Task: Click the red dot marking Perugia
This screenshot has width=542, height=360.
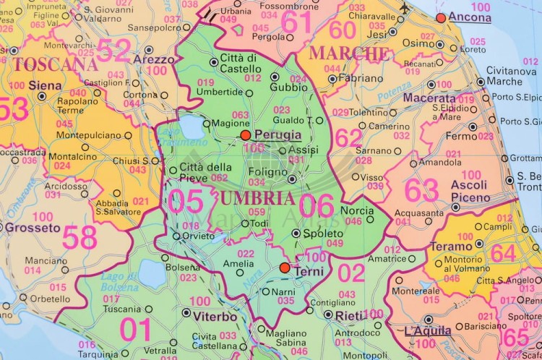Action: pyautogui.click(x=246, y=135)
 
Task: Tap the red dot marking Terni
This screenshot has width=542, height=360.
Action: pyautogui.click(x=285, y=268)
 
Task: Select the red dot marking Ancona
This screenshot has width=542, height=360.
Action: pyautogui.click(x=441, y=17)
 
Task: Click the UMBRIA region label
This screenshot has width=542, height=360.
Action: pyautogui.click(x=257, y=197)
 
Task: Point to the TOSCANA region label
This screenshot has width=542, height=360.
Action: pyautogui.click(x=55, y=64)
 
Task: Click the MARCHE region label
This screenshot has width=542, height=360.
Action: pyautogui.click(x=349, y=53)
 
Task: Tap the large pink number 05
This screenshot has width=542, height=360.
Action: pyautogui.click(x=186, y=202)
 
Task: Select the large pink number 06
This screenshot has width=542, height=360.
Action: pyautogui.click(x=316, y=205)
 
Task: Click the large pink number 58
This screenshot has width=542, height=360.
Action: pyautogui.click(x=79, y=237)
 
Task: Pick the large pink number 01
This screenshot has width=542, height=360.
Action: pyautogui.click(x=136, y=330)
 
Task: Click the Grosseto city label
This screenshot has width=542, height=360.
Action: pyautogui.click(x=33, y=228)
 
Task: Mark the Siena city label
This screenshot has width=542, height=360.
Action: pyautogui.click(x=45, y=85)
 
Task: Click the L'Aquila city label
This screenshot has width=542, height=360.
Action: pyautogui.click(x=428, y=331)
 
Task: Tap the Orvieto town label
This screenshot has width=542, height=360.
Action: pyautogui.click(x=197, y=236)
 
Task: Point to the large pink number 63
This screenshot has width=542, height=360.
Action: pyautogui.click(x=421, y=190)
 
